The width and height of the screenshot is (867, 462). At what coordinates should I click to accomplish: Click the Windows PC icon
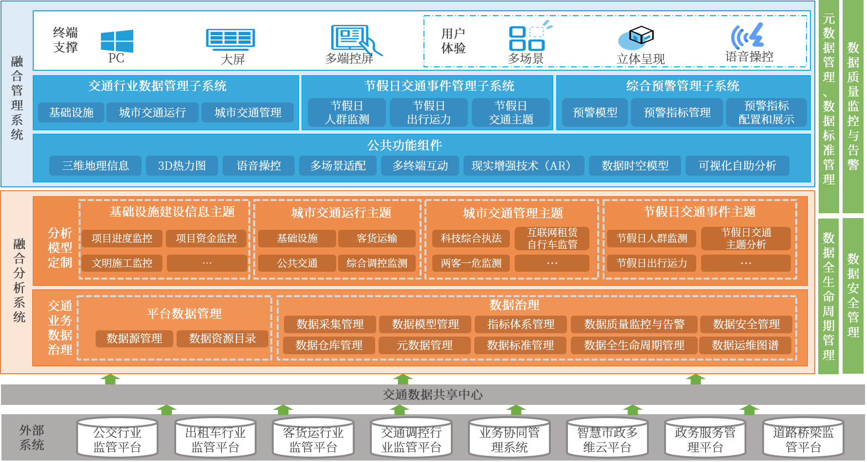(x=117, y=41)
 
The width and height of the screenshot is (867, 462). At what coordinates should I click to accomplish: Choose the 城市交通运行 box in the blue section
(x=152, y=113)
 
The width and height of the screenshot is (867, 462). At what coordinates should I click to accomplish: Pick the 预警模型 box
(x=595, y=113)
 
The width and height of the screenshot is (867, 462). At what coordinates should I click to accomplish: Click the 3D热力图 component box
(x=182, y=166)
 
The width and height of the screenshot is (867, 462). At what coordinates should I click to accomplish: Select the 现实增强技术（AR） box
(x=523, y=166)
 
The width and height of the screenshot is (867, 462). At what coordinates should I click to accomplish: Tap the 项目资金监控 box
(x=206, y=238)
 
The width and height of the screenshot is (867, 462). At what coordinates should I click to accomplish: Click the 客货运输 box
(x=377, y=238)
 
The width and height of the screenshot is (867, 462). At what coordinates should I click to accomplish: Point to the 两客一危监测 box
(x=471, y=263)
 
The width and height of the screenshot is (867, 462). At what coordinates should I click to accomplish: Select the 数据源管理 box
(x=134, y=339)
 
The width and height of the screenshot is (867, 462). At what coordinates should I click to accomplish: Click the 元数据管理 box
(x=424, y=345)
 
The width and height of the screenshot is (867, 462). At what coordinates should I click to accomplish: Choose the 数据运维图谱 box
(x=745, y=345)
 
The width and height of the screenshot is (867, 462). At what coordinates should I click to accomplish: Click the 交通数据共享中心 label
(x=432, y=395)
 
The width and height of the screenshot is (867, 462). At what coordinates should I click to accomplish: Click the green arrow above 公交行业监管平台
(x=166, y=410)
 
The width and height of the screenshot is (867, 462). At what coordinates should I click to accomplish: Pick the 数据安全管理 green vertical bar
(x=853, y=295)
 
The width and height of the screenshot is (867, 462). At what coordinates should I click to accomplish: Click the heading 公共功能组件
(x=404, y=145)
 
